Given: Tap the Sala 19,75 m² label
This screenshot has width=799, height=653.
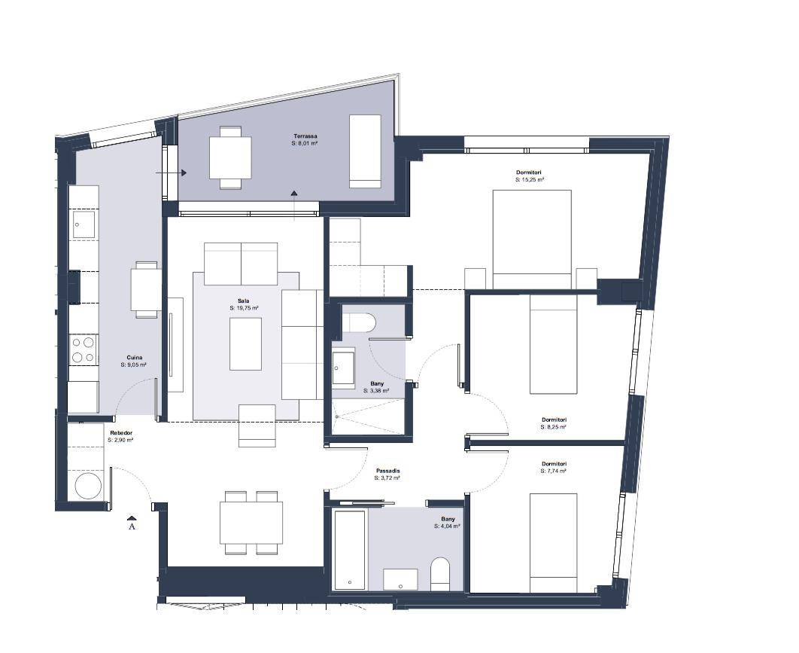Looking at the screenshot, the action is [244, 304].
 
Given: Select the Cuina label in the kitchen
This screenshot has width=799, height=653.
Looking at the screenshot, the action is [135, 362].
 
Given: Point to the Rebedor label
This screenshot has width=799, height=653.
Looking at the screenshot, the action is [121, 436].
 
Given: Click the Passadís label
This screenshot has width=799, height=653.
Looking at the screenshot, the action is [387, 474].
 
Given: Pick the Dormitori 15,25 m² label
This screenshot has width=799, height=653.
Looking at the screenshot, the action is [529, 176].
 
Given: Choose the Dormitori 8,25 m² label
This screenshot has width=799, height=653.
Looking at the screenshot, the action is [554, 423].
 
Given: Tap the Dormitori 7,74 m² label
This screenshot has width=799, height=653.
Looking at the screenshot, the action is [554, 467].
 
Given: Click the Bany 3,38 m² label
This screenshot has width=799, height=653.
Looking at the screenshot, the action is [377, 386].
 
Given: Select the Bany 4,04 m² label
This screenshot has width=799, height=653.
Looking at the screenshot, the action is [448, 523].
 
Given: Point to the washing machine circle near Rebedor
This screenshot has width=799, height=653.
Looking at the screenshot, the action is [88, 485].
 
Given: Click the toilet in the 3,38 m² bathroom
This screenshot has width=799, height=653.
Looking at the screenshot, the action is [359, 323].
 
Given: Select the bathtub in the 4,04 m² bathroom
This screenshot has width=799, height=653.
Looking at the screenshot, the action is [350, 549].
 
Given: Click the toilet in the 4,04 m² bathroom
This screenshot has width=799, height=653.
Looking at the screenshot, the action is [440, 574].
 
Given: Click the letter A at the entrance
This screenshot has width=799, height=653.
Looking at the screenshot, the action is [132, 526].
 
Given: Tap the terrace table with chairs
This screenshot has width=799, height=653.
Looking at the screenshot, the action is [230, 157].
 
